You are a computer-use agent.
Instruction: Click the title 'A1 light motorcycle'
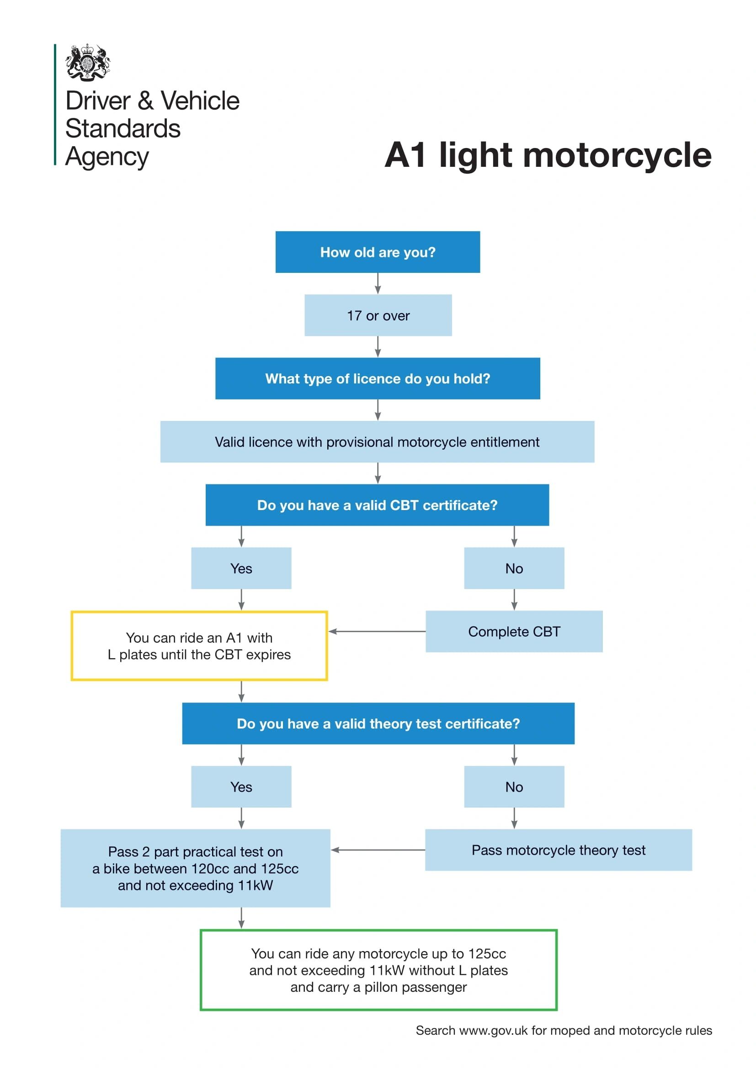tap(548, 154)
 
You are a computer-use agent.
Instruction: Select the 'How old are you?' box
tap(378, 252)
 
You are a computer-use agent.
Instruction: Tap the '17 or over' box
tap(378, 315)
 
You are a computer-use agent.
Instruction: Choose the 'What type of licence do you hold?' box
tap(378, 378)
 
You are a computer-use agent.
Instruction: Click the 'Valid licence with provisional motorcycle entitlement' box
tap(377, 442)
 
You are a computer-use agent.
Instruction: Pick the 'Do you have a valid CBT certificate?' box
tap(377, 505)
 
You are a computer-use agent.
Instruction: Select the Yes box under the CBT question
tap(241, 568)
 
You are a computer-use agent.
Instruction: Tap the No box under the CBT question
tap(514, 568)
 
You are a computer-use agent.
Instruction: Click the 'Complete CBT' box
tap(514, 631)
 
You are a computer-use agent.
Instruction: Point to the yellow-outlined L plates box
tap(199, 646)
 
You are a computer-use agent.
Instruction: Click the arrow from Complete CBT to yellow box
tap(377, 631)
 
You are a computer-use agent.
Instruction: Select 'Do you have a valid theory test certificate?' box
tap(378, 723)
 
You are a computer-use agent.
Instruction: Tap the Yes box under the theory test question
tap(241, 787)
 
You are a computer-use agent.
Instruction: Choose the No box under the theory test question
tap(514, 787)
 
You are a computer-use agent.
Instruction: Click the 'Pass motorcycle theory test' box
tap(558, 850)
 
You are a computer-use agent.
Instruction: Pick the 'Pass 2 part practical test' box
tap(196, 868)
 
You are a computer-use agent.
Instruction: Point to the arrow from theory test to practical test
tap(378, 850)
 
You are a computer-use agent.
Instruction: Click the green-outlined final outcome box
tap(378, 970)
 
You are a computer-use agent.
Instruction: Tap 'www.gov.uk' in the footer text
tap(493, 1030)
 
